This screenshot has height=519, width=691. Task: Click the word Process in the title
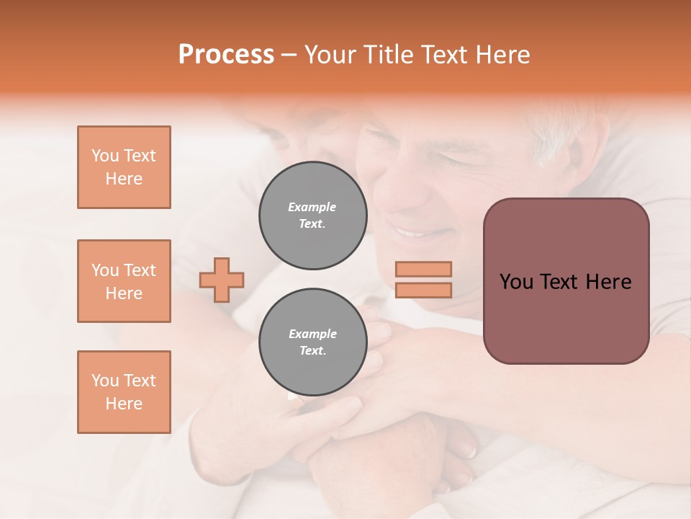click(226, 55)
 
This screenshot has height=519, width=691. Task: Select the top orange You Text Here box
click(124, 167)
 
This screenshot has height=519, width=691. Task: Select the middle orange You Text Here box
click(124, 281)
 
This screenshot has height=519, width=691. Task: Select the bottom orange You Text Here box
click(124, 392)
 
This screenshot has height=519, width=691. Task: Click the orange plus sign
click(222, 280)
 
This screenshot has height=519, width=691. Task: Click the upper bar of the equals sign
click(423, 269)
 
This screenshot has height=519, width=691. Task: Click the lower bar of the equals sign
click(423, 290)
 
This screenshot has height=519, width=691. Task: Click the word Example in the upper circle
click(312, 207)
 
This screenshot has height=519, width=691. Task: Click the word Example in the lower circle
click(312, 334)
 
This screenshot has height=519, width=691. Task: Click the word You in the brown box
click(515, 282)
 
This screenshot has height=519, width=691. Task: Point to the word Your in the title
click(330, 55)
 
